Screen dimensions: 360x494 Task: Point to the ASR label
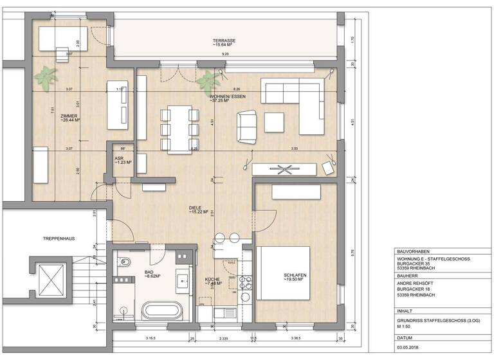click(x=119, y=157)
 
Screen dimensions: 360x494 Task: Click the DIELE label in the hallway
click(x=196, y=208)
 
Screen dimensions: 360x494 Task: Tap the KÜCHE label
click(x=212, y=280)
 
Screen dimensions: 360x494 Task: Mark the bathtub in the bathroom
click(x=161, y=310)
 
